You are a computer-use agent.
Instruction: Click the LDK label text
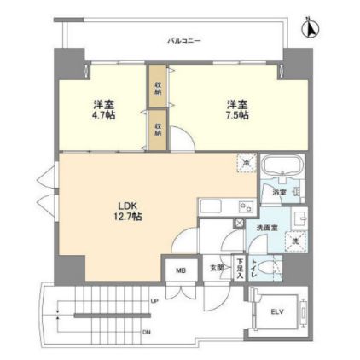126,206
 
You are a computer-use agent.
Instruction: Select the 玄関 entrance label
218,267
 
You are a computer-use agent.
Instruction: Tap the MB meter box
180,272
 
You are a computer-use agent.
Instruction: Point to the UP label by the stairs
154,301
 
